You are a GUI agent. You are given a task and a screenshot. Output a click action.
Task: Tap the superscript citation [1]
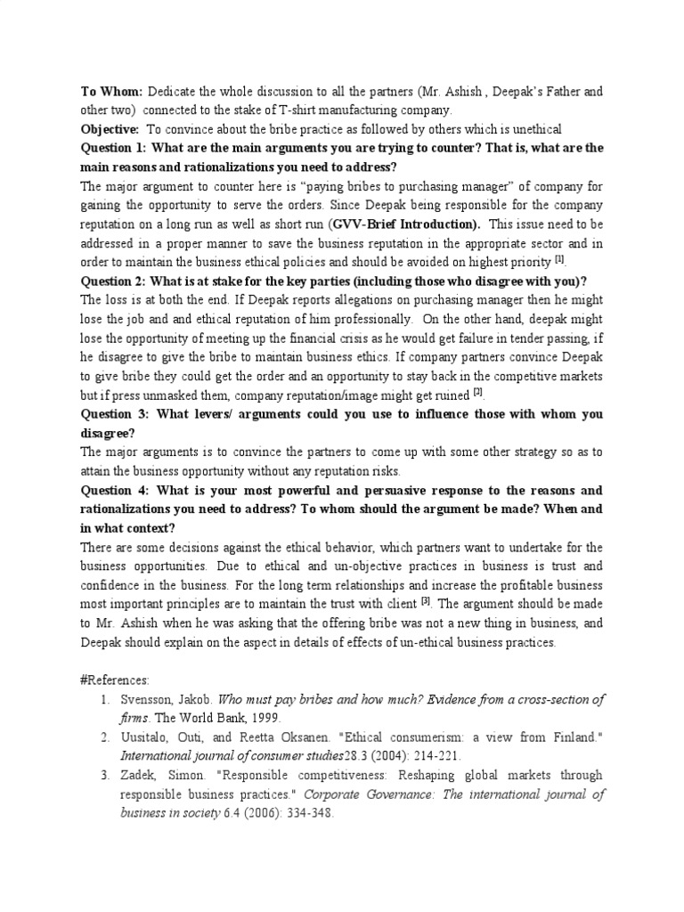point(559,258)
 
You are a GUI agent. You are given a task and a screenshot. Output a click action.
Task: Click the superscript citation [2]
point(477,391)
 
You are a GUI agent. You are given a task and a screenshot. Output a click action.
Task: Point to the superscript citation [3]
point(426,599)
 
